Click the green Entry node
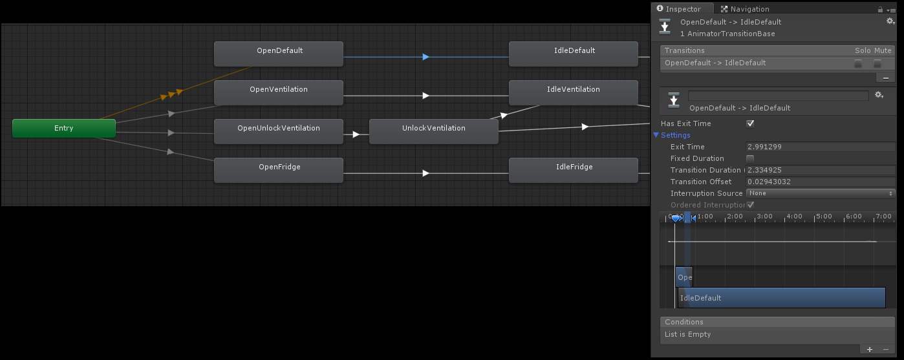click(64, 128)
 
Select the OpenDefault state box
click(278, 54)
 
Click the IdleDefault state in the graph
click(574, 54)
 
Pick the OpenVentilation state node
click(278, 92)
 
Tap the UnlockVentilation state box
click(433, 131)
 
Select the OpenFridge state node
click(278, 170)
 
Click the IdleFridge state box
click(574, 170)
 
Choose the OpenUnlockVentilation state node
click(278, 131)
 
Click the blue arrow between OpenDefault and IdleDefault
click(425, 57)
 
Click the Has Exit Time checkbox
click(750, 123)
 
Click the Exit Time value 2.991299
click(820, 147)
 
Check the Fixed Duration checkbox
click(750, 158)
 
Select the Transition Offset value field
click(820, 182)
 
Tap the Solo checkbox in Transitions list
click(858, 63)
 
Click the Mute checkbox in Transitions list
click(877, 63)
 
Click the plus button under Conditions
click(869, 350)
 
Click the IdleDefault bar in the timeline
click(781, 298)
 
